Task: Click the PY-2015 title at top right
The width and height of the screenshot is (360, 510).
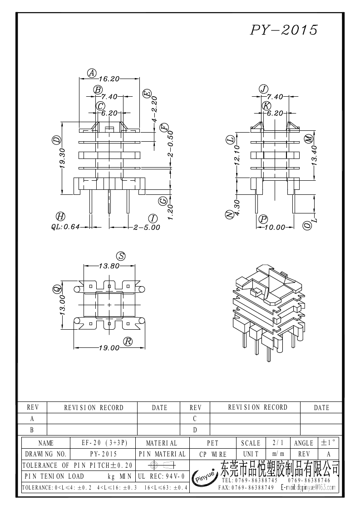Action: click(284, 30)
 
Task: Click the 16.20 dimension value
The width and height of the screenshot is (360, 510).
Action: click(109, 79)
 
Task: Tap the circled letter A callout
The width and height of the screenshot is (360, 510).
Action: click(92, 73)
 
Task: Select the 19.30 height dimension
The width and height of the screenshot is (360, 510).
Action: click(63, 158)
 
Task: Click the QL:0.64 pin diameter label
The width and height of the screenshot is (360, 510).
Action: click(65, 227)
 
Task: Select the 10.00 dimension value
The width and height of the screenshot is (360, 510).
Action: click(274, 227)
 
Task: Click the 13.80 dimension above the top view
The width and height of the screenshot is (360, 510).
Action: click(109, 266)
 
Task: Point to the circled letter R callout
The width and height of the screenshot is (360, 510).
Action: click(128, 341)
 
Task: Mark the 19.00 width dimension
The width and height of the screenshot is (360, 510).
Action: click(109, 348)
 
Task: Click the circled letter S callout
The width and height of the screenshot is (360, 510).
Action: click(120, 256)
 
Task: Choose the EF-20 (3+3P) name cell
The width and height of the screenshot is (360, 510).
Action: click(104, 443)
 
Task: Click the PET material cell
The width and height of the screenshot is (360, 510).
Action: click(212, 443)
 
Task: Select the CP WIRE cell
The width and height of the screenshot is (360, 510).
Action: click(212, 454)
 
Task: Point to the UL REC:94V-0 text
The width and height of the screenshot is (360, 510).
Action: click(161, 476)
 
